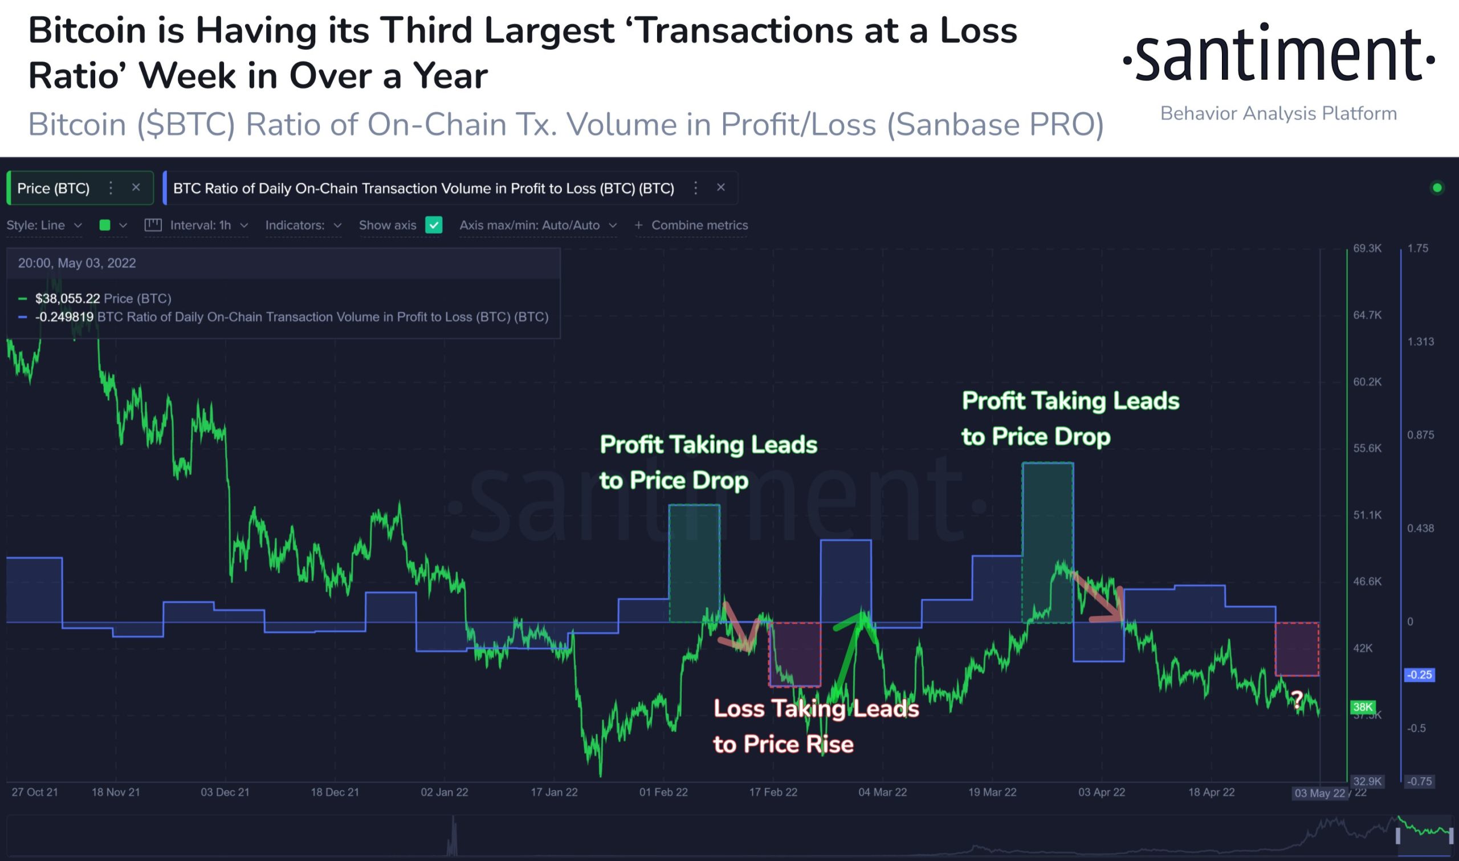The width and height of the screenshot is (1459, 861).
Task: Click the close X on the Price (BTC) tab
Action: click(136, 188)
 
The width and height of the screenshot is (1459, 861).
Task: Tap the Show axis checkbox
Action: click(434, 225)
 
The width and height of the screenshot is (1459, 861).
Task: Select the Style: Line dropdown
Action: click(43, 225)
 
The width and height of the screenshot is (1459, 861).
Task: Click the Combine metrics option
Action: click(692, 225)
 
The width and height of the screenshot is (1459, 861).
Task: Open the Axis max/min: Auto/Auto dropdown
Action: click(537, 225)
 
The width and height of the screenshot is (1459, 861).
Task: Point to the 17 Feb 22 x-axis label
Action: click(773, 792)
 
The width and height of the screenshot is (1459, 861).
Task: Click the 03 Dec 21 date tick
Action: click(225, 792)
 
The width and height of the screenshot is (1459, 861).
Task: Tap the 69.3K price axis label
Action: click(1367, 248)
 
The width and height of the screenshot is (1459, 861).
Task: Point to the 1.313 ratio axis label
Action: click(1420, 342)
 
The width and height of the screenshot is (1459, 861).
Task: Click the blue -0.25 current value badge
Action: click(1419, 675)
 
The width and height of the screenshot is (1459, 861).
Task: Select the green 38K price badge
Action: click(1362, 706)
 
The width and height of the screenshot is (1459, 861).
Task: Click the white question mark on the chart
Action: click(1297, 699)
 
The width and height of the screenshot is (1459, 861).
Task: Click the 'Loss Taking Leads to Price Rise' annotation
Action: click(816, 726)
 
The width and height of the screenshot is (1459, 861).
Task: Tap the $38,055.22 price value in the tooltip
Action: click(67, 298)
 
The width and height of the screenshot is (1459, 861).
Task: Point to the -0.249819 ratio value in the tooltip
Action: click(64, 317)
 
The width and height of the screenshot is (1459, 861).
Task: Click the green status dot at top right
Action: click(1437, 188)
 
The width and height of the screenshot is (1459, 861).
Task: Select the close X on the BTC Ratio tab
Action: click(721, 188)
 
